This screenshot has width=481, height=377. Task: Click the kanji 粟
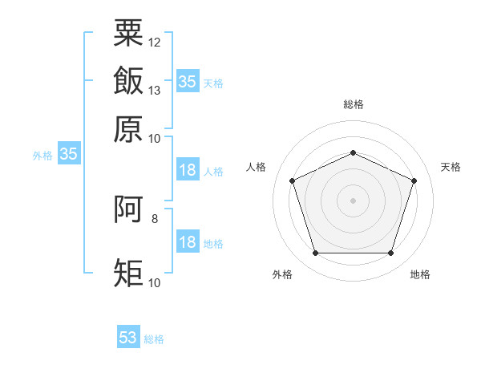point(128,33)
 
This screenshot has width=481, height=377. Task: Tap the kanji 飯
point(128,80)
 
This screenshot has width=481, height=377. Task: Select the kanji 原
point(128,129)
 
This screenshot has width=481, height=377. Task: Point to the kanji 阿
point(128,209)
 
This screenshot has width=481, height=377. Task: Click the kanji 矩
point(128,273)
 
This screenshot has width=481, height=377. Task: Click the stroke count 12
point(154,43)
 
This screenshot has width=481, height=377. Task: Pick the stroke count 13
point(154,91)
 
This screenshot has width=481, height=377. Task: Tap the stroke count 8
point(155,219)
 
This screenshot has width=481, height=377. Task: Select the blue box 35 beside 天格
point(188,81)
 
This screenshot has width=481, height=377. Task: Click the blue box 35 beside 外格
point(69,153)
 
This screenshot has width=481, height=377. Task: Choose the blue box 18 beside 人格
point(188,169)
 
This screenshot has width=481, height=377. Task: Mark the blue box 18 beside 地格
point(188,241)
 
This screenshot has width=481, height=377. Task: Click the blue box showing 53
point(128,336)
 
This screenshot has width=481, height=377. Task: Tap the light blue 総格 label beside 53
point(154,339)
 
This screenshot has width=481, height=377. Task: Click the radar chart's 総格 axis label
point(354,104)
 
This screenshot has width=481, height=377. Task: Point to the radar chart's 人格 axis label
point(256,167)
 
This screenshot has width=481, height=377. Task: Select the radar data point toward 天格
point(414,180)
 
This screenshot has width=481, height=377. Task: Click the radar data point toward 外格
point(316,253)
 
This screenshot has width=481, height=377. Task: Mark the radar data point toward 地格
point(390,253)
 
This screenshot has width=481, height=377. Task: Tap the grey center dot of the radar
point(353,201)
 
